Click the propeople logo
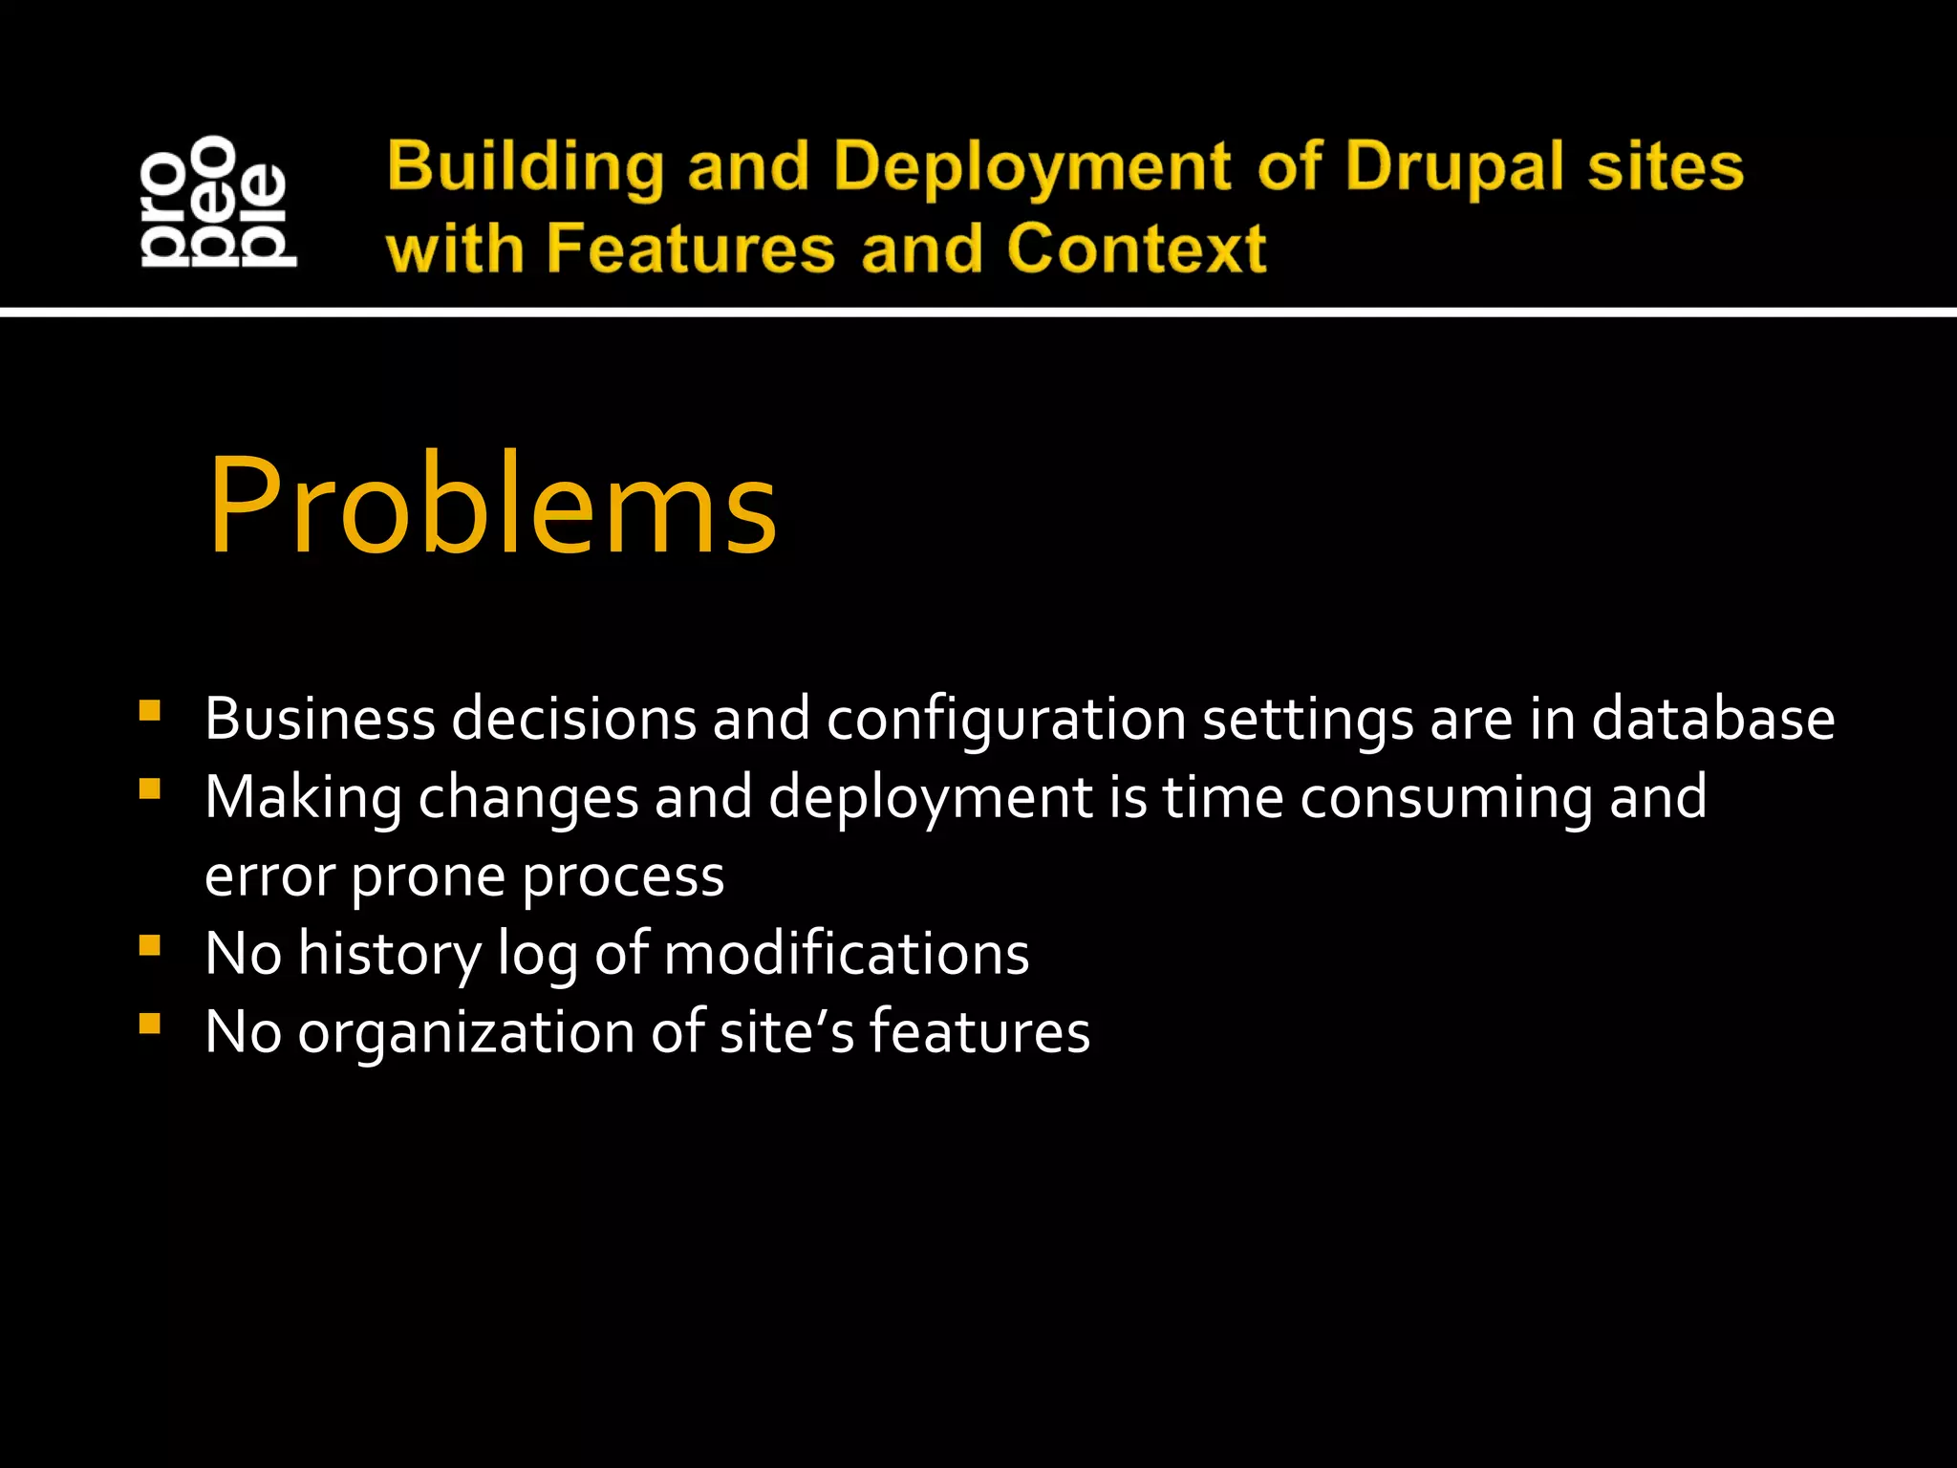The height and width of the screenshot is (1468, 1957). (x=218, y=201)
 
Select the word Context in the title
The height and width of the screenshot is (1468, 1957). (x=1136, y=248)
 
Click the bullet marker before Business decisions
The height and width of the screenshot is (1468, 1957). (x=149, y=711)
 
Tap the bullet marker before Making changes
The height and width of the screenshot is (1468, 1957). (x=149, y=789)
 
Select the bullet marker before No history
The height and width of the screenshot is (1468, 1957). (x=149, y=946)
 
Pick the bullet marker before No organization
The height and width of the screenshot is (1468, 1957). (x=149, y=1025)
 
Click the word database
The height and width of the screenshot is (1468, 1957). (x=1712, y=719)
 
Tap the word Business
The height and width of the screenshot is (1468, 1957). (x=320, y=719)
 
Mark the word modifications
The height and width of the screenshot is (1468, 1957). (x=846, y=954)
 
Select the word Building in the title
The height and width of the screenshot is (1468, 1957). (x=526, y=168)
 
